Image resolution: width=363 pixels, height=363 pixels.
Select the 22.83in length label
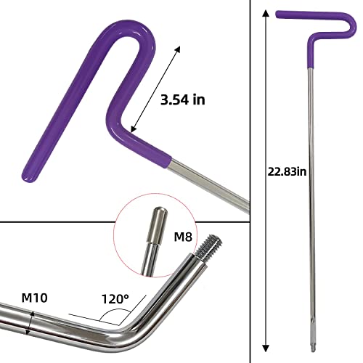[287, 171]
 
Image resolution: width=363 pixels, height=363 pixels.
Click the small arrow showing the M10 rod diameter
[29, 320]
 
